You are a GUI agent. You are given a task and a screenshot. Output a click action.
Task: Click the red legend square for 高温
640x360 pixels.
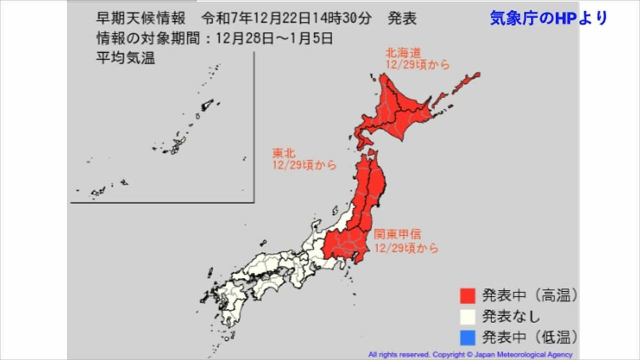click(x=468, y=295)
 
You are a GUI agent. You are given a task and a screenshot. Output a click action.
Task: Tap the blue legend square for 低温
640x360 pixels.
click(x=468, y=337)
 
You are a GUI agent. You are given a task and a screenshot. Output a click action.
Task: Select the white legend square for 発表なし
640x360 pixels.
click(x=468, y=316)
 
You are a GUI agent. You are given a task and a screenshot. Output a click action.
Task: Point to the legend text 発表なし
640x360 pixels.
click(x=511, y=316)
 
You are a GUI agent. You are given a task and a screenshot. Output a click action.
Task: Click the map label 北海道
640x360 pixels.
click(x=404, y=53)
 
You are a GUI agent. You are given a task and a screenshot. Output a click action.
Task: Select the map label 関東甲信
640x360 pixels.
click(x=397, y=234)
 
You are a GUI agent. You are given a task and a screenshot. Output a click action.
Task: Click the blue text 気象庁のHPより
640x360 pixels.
click(x=549, y=18)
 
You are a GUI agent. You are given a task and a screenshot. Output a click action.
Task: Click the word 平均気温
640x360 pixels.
click(x=125, y=58)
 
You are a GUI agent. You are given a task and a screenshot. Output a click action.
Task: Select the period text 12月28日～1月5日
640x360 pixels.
click(x=278, y=38)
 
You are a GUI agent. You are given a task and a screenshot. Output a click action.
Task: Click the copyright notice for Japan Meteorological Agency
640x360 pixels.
click(x=470, y=355)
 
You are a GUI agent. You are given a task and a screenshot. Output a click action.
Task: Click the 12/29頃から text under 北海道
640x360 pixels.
click(x=418, y=65)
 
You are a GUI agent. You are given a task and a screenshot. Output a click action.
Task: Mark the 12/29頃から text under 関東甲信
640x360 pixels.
click(x=406, y=248)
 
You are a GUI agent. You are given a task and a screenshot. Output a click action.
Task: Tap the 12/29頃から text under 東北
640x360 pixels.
click(x=304, y=165)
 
